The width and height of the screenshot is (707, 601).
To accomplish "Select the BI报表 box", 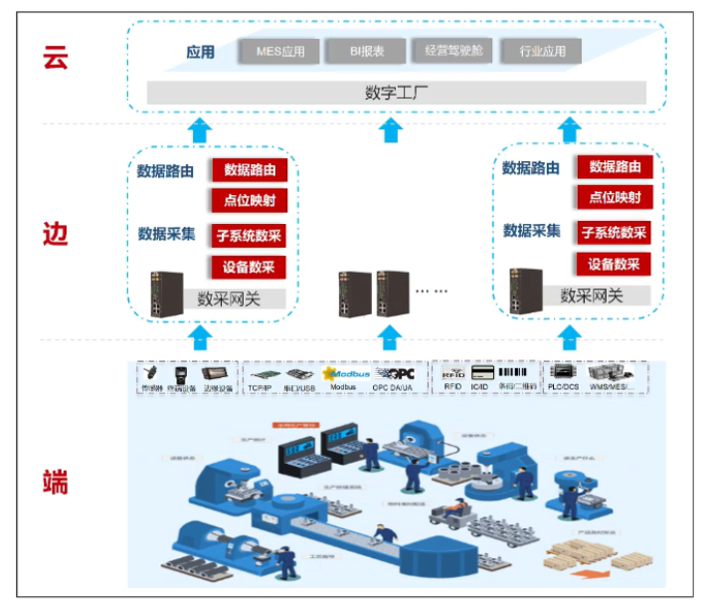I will pyautogui.click(x=365, y=51).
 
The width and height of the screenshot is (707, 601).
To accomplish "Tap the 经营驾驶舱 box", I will pyautogui.click(x=451, y=51).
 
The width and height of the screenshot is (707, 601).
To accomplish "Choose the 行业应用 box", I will pyautogui.click(x=542, y=51).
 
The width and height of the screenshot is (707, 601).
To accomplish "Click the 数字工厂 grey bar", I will pyautogui.click(x=396, y=93).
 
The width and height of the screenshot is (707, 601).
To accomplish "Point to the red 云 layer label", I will pyautogui.click(x=56, y=57).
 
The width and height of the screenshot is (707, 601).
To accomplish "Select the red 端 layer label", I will pyautogui.click(x=56, y=483).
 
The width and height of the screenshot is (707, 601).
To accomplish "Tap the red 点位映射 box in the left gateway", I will pyautogui.click(x=249, y=200).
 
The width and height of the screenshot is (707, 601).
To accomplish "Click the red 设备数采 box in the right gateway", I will pyautogui.click(x=613, y=265).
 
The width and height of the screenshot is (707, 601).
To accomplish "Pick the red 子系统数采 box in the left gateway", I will pyautogui.click(x=249, y=236).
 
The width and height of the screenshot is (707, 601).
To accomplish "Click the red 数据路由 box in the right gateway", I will pyautogui.click(x=614, y=167).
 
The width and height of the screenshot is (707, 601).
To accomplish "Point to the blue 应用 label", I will pyautogui.click(x=200, y=52).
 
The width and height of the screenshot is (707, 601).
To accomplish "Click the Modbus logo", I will pyautogui.click(x=343, y=371).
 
